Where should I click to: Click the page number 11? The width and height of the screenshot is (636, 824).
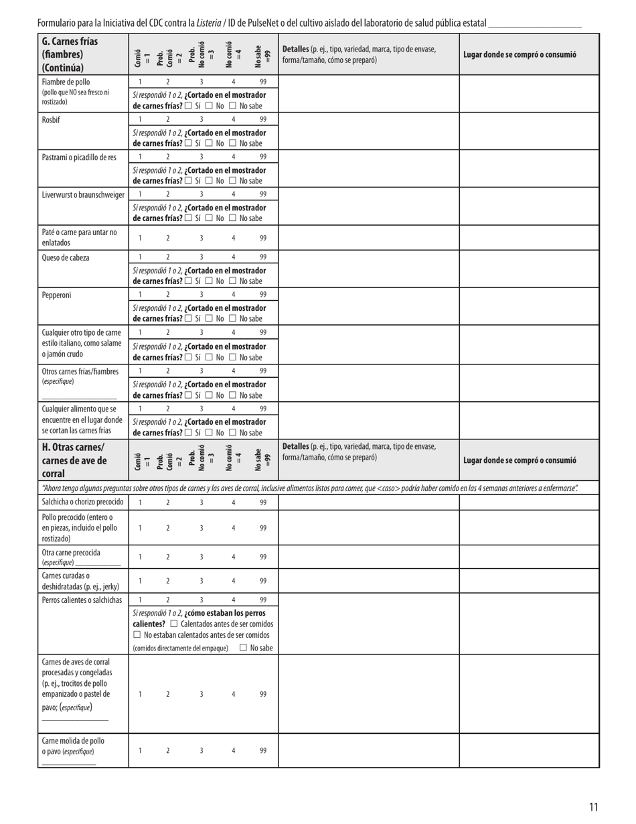coord(593,807)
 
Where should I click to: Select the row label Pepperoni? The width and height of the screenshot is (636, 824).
coord(56,295)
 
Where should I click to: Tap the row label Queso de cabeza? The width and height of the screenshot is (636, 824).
coord(65,257)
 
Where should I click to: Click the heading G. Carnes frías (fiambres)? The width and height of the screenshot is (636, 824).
coord(70,54)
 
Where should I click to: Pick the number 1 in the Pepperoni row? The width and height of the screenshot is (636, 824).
coord(140,295)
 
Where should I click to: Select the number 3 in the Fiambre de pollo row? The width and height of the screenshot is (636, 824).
coord(202,82)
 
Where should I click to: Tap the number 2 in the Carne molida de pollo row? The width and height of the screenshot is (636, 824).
coord(168,750)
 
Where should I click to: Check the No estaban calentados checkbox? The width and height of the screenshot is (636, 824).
coord(137,634)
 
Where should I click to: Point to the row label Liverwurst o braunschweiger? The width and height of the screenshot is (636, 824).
coord(83,195)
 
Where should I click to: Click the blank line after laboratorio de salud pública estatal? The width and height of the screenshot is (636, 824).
coord(535,23)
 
